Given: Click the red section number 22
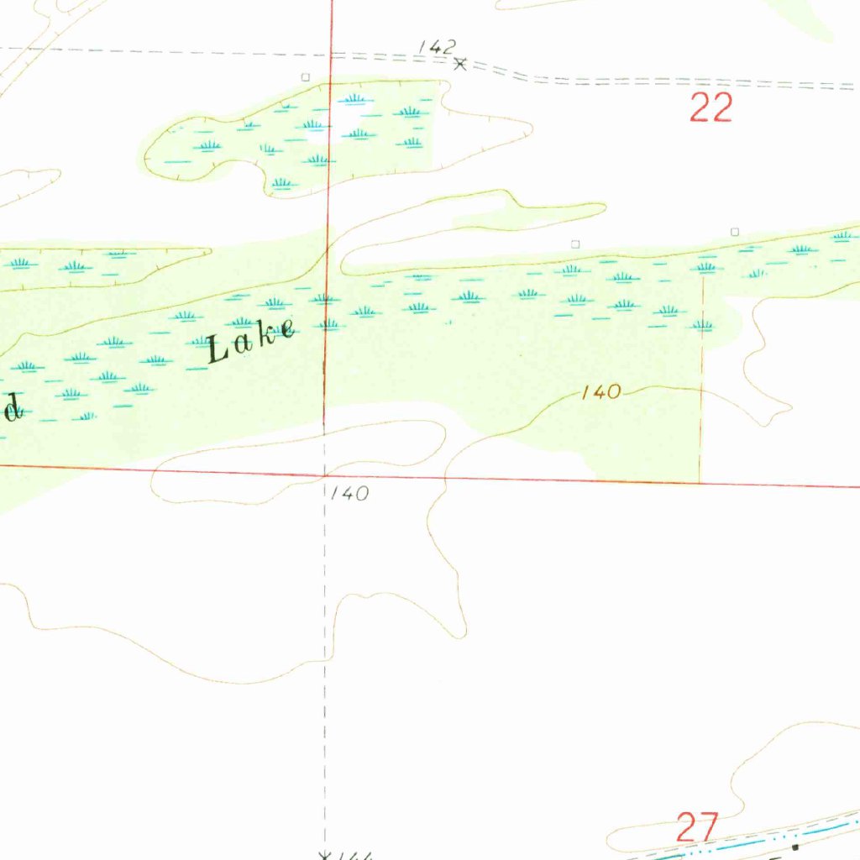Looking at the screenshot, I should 711,108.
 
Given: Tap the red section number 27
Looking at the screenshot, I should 697,827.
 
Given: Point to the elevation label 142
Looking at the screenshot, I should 438,47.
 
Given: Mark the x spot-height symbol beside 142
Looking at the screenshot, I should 459,63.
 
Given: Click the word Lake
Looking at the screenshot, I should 251,340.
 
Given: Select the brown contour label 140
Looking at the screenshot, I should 601,391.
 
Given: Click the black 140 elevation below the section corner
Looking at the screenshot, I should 349,494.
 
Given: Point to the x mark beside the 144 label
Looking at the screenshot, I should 325,856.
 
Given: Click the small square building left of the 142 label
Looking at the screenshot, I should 306,76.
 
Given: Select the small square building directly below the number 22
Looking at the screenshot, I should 735,231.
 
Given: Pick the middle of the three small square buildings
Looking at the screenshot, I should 575,244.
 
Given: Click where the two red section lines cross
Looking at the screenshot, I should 326,475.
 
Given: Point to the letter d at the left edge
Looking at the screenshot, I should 10,409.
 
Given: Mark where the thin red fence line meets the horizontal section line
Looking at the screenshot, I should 700,483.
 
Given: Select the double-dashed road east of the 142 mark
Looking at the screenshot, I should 672,81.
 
